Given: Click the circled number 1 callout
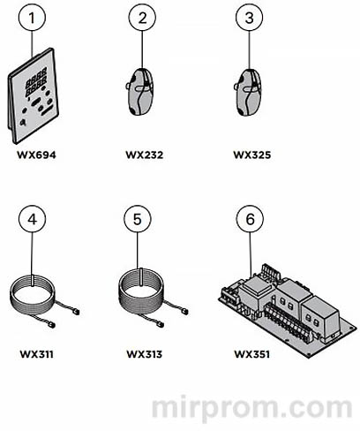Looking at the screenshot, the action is point(32,18).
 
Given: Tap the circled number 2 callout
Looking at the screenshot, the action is point(142,18).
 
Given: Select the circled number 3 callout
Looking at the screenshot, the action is point(249,18).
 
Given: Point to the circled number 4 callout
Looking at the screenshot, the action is point(32,219).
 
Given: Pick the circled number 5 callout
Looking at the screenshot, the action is point(138,219).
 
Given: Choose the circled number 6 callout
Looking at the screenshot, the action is point(250,219).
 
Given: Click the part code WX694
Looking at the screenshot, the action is point(36,155).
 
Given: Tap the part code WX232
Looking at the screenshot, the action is point(145,155).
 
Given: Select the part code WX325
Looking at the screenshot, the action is point(252,155).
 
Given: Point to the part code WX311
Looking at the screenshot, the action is point(37,354).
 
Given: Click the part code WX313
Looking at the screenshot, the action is point(145,354).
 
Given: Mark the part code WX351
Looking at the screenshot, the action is point(252,354).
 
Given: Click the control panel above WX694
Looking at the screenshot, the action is point(34,95).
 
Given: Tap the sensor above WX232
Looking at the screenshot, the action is point(140,91).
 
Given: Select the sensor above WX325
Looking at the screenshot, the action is point(249,92).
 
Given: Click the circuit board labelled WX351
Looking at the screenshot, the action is point(289,311).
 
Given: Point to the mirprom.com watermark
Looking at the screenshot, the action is point(252,407).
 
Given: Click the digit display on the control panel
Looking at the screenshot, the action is point(37,81).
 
